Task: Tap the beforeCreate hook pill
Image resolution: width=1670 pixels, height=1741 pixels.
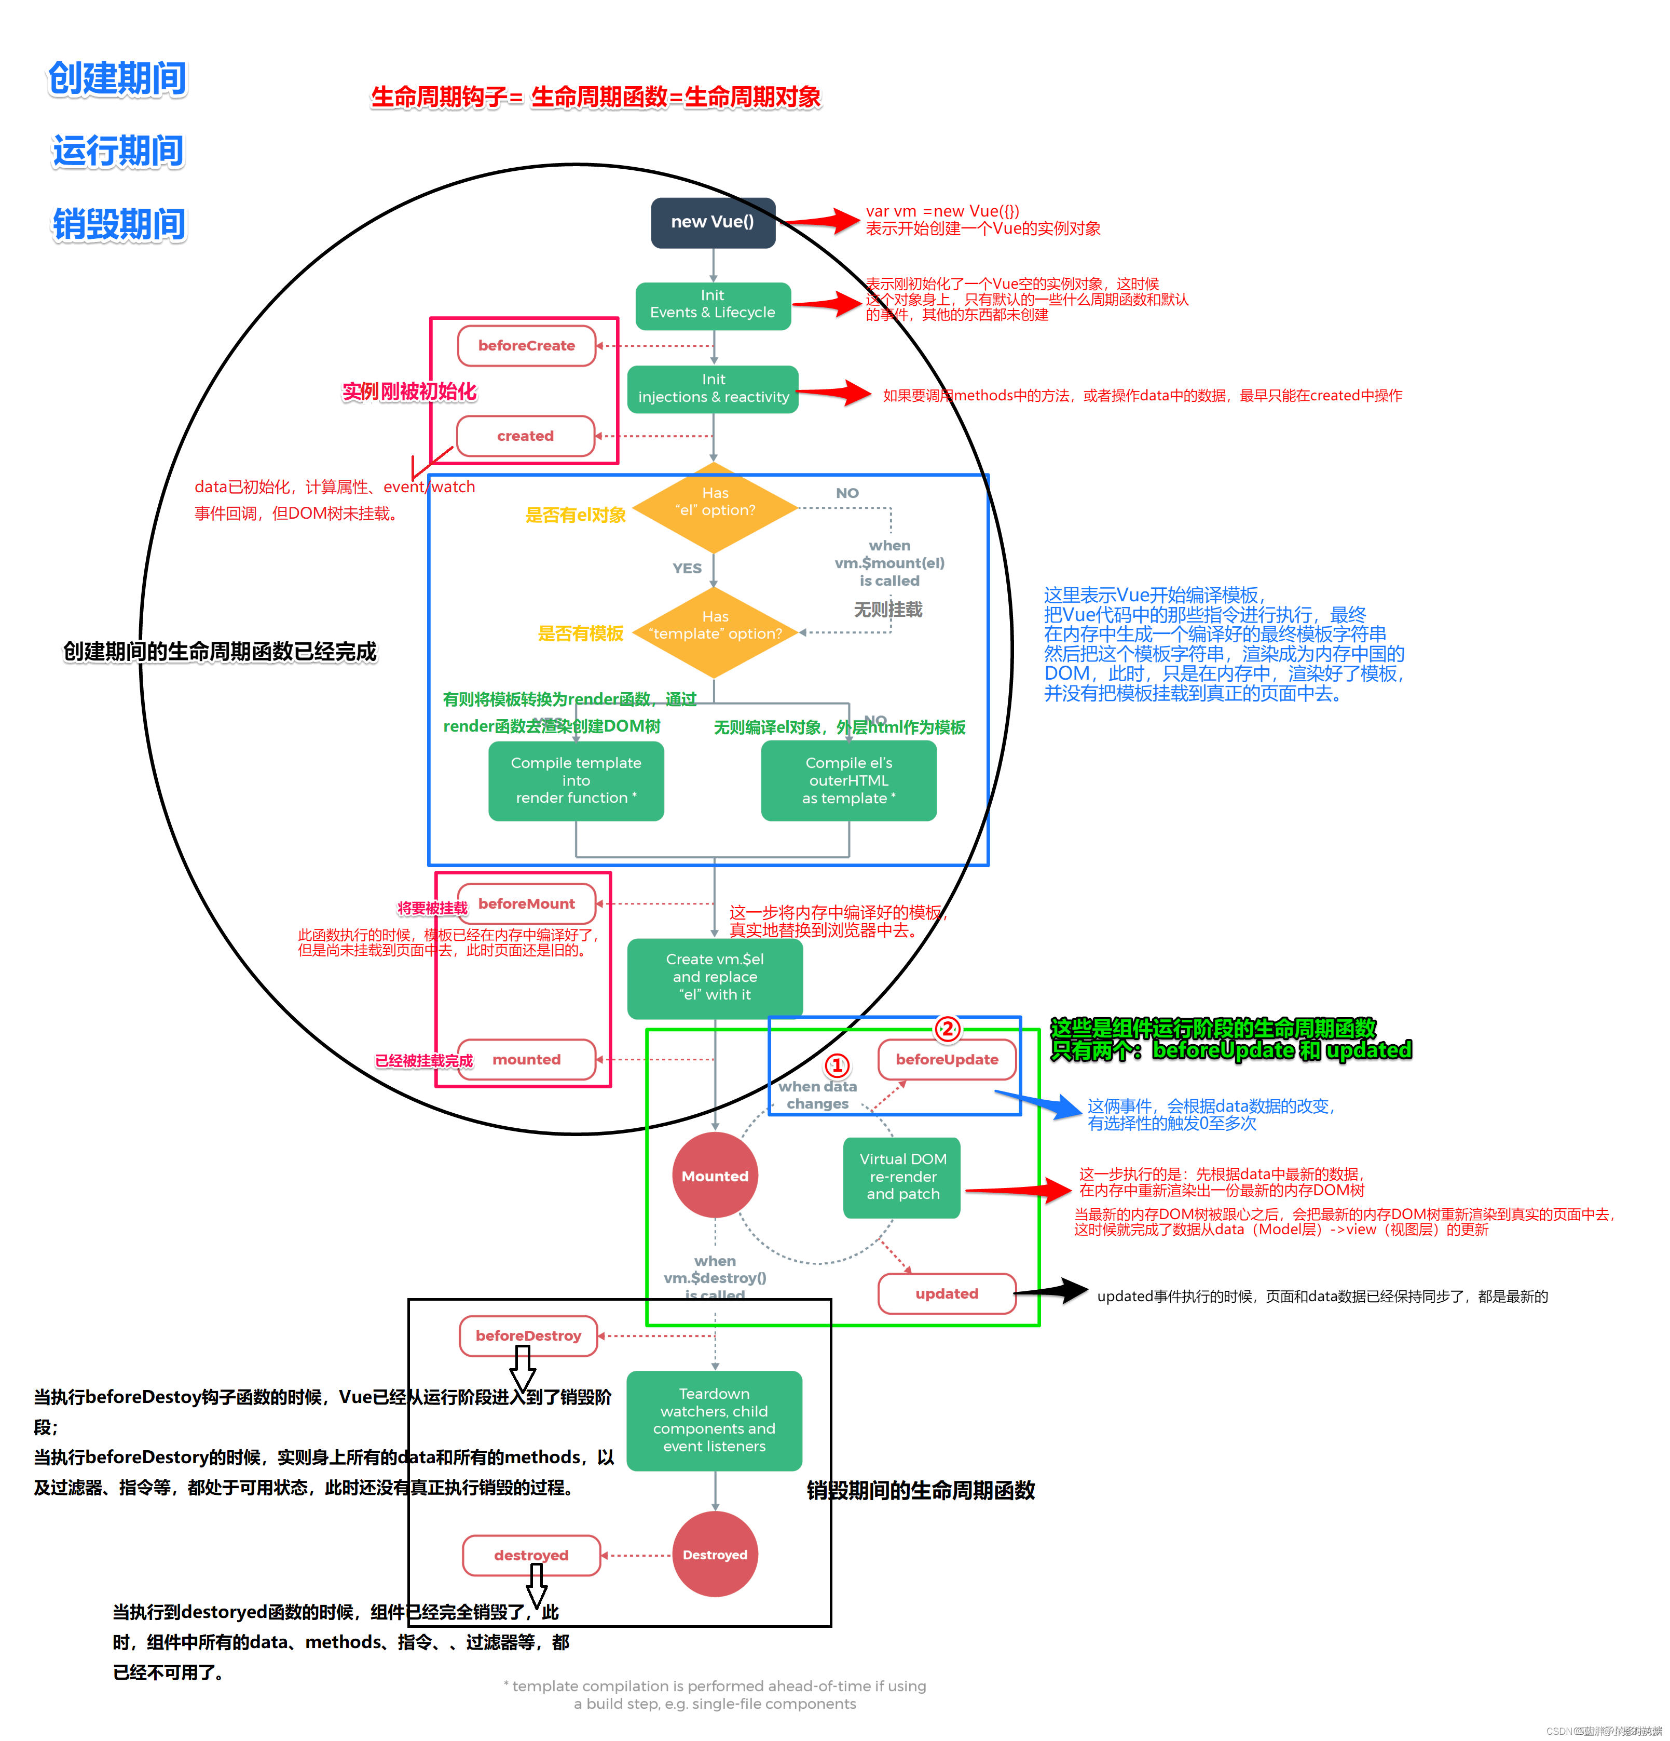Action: [x=526, y=345]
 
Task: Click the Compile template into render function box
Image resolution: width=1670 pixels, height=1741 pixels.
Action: [x=576, y=780]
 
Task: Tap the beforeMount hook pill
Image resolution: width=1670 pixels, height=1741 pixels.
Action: [x=526, y=903]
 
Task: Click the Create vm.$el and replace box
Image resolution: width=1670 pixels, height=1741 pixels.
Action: [x=715, y=977]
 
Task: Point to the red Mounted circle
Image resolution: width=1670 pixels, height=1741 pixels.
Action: [x=715, y=1175]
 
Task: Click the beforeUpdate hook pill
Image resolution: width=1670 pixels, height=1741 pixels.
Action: [x=947, y=1059]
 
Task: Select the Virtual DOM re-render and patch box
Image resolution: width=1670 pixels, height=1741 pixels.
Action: [x=902, y=1177]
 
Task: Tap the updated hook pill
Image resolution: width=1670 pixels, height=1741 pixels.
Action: [x=947, y=1293]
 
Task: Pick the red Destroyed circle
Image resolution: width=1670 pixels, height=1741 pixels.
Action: [x=715, y=1555]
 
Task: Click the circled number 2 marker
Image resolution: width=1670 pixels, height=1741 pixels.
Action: [x=947, y=1029]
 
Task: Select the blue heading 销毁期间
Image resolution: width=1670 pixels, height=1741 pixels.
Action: [x=119, y=224]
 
